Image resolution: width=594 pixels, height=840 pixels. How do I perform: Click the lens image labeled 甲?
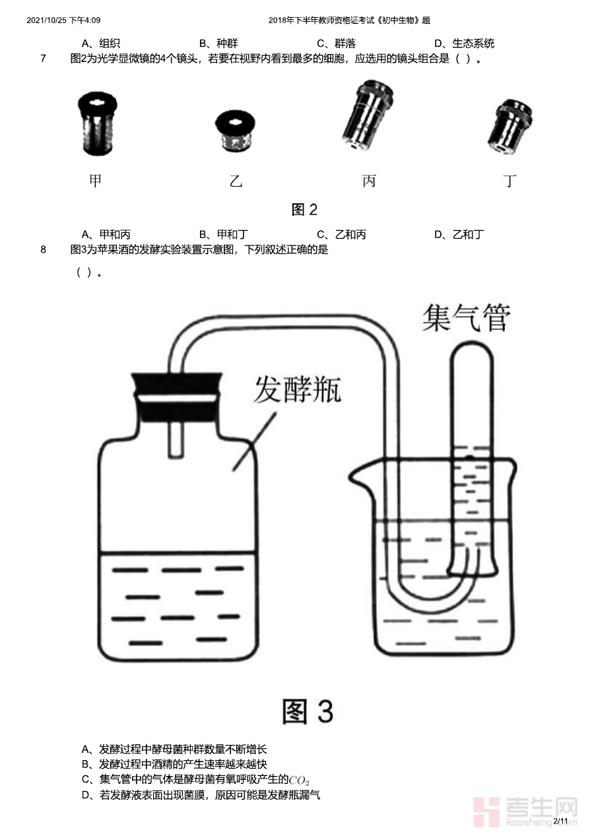[97, 123]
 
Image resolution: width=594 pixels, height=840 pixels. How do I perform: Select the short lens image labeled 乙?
[235, 131]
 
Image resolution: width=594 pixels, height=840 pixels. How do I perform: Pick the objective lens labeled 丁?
[510, 126]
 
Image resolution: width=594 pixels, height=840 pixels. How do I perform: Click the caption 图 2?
[304, 210]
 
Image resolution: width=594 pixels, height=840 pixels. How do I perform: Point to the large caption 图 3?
[308, 711]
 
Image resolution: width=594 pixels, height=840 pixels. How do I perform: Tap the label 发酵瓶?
[298, 389]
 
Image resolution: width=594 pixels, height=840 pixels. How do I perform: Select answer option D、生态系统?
[464, 44]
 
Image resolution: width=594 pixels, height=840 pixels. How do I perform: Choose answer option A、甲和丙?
[106, 235]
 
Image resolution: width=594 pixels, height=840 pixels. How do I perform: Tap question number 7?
[43, 59]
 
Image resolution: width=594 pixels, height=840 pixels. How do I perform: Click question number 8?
[43, 249]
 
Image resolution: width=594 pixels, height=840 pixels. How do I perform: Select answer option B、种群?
[218, 44]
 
